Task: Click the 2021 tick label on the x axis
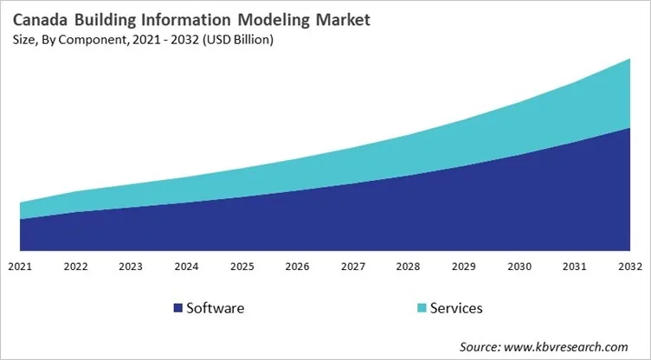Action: tap(20, 266)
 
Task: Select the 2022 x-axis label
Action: tap(75, 266)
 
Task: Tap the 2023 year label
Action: tap(131, 266)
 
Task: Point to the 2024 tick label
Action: tap(186, 266)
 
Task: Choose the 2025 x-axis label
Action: tap(242, 266)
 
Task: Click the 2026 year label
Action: tap(297, 266)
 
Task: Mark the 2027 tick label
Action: tap(352, 266)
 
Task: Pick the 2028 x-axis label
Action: tap(408, 266)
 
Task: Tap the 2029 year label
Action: tap(463, 266)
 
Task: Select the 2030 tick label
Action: tap(519, 266)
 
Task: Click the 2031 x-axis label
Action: tap(574, 266)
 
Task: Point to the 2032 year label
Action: tap(629, 266)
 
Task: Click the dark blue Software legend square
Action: tap(178, 308)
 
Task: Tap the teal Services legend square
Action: tap(421, 308)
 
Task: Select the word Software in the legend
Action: tap(216, 308)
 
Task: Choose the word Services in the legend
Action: tap(456, 308)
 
